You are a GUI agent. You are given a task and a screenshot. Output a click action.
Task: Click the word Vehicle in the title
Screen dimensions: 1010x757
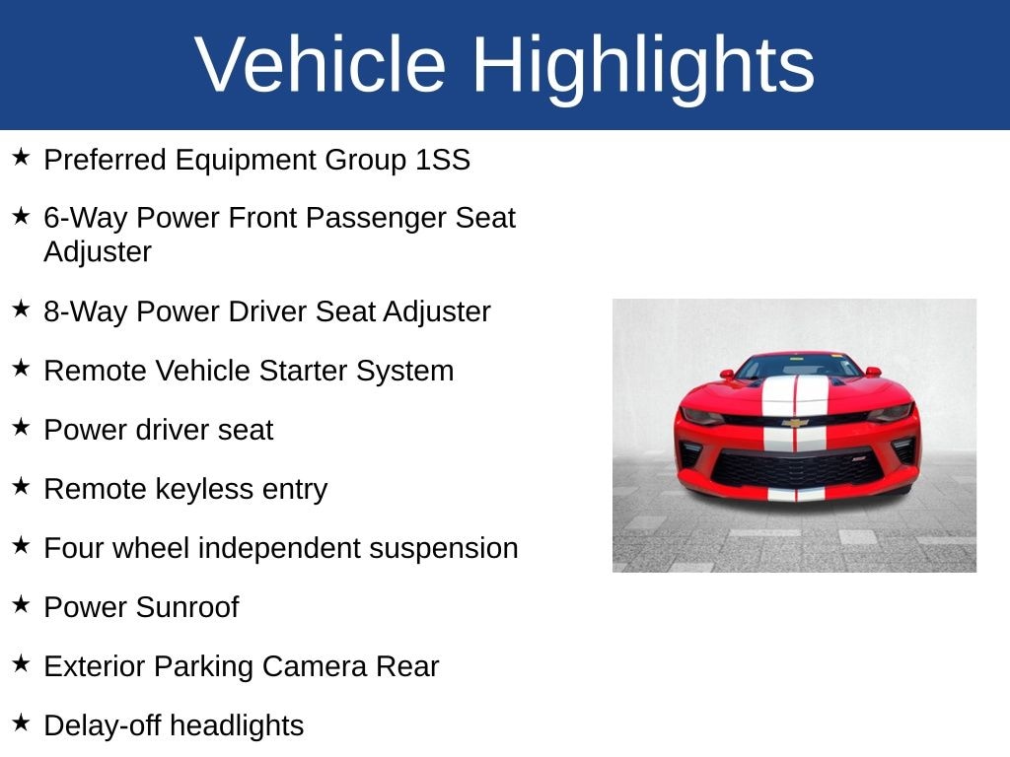point(321,64)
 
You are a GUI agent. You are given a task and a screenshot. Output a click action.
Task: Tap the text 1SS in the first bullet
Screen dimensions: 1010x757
point(443,160)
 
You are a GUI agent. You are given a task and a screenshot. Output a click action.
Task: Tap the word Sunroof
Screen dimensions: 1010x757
point(186,607)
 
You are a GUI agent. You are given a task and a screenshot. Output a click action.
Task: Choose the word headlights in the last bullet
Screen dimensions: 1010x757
point(237,726)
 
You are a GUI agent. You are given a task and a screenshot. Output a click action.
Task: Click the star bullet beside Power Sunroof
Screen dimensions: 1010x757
point(21,604)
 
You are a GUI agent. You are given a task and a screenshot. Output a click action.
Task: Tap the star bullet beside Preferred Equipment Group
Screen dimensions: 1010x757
point(21,157)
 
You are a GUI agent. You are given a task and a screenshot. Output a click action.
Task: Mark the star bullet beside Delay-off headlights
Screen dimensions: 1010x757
point(21,723)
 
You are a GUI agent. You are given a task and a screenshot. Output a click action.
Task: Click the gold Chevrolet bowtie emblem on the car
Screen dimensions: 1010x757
point(796,423)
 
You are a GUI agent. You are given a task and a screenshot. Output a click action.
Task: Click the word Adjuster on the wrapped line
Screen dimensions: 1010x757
point(98,252)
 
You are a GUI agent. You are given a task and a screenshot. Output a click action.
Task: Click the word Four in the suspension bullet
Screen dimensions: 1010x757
point(71,549)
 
